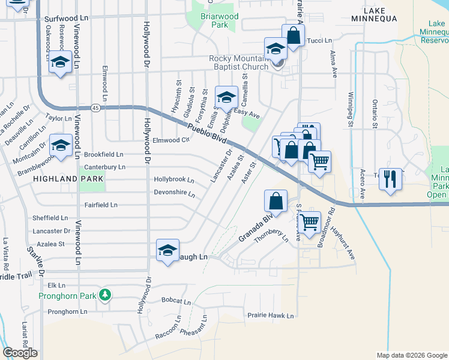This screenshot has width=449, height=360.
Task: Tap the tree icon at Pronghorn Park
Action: point(106,294)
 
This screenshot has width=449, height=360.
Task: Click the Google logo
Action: point(20,352)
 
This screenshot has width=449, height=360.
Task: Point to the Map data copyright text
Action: point(411,355)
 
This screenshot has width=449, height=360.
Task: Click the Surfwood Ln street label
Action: point(67,19)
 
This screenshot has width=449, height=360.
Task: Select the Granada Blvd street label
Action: point(255,227)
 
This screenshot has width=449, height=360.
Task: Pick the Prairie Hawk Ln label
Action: point(271,315)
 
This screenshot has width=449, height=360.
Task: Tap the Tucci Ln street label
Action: point(319,41)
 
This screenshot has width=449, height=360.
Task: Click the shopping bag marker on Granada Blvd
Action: point(276,201)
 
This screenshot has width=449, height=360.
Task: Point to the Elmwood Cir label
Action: point(171,140)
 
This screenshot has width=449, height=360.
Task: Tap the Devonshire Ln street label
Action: point(175,194)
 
